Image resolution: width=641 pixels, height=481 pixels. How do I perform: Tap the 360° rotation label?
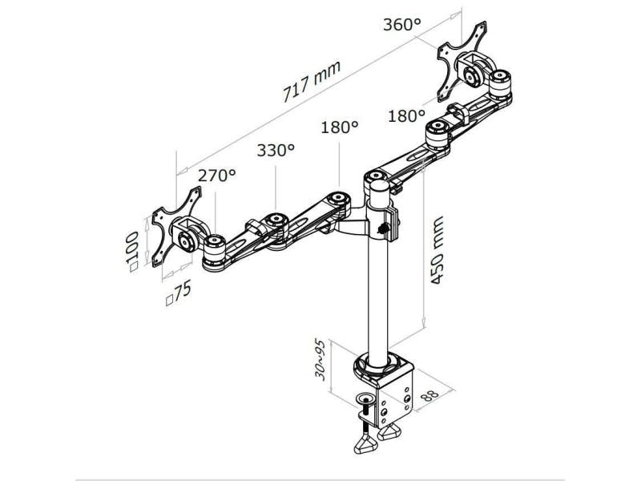point(401,25)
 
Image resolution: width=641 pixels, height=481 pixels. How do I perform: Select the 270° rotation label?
point(217,176)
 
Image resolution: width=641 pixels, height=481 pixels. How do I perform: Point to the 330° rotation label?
point(276,150)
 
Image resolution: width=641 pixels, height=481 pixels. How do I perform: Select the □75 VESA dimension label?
point(178,293)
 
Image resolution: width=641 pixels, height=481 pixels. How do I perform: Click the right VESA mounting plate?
point(461,57)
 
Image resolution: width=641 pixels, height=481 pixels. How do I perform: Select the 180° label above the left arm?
point(339,127)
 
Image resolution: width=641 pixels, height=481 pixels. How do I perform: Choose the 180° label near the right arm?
point(406,116)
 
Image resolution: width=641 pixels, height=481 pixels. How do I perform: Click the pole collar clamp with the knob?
point(383,224)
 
